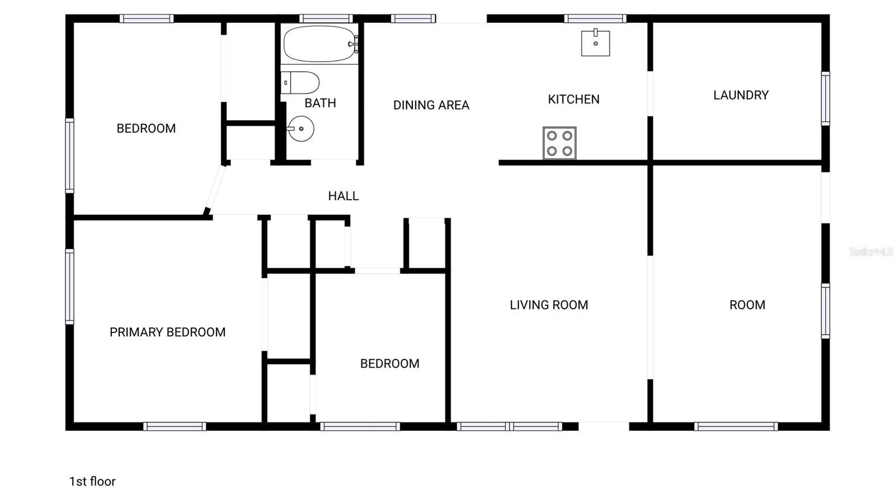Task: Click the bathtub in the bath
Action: [319, 44]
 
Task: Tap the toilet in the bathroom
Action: [300, 83]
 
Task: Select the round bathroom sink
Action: [301, 129]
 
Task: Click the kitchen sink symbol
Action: [595, 43]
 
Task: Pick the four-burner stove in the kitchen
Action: [559, 143]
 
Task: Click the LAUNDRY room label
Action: [741, 95]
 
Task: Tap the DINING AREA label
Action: [431, 105]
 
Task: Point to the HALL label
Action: [343, 196]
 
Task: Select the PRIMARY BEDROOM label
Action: [167, 332]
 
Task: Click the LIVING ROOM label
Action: [549, 305]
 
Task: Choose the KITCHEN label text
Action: [573, 100]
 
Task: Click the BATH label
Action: [320, 103]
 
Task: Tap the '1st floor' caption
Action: [92, 481]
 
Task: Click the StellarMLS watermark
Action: [870, 252]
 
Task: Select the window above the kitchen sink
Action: [595, 18]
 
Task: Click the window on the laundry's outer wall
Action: [825, 98]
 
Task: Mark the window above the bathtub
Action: [326, 18]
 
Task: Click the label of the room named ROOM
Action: [747, 305]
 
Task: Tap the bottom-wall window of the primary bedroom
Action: [175, 426]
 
